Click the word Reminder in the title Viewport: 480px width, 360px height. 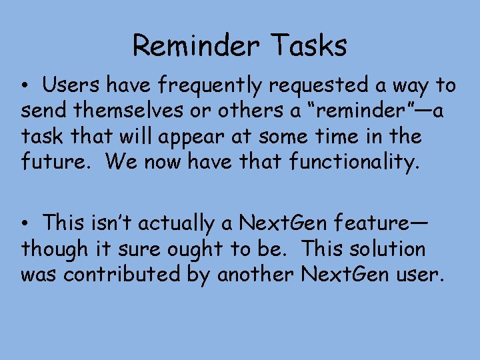[195, 46]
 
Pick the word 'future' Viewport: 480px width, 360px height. [57, 162]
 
